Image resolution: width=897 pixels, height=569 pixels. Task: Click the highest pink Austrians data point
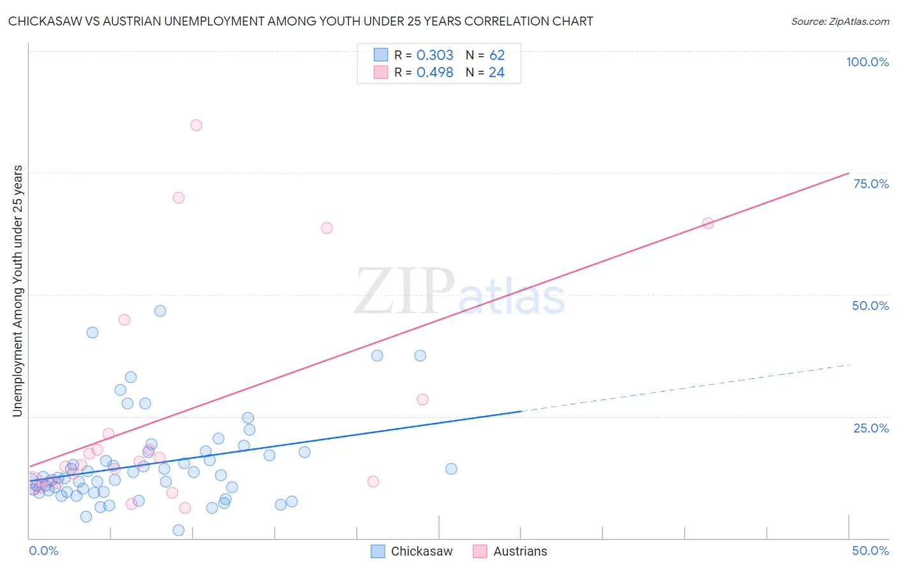coord(196,125)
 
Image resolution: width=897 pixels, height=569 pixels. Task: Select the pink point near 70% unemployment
coord(179,198)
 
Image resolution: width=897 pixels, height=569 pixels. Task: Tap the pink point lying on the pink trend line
coord(708,223)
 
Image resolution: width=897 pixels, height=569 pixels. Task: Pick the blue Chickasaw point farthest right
coord(451,469)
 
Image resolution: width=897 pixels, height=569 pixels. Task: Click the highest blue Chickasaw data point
coord(160,311)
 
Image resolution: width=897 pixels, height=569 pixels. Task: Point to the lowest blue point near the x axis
coord(179,530)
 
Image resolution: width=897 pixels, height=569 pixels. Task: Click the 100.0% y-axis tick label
coord(867,62)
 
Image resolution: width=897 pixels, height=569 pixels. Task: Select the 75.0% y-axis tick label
coord(871,184)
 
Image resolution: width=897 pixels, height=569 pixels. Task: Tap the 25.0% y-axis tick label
coord(871,428)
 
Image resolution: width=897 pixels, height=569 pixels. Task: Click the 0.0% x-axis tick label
coord(43,551)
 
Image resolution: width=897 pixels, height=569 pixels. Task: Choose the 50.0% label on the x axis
coord(870,551)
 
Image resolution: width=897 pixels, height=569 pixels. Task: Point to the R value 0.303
coord(434,55)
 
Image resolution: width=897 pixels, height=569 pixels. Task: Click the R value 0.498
coord(434,73)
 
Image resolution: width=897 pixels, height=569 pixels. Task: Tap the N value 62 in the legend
coord(497,55)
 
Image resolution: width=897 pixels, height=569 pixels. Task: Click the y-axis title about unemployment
coord(17,291)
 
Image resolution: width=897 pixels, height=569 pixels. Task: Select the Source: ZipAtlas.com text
coord(840,22)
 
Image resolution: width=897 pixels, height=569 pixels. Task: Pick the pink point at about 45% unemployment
coord(124,320)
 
